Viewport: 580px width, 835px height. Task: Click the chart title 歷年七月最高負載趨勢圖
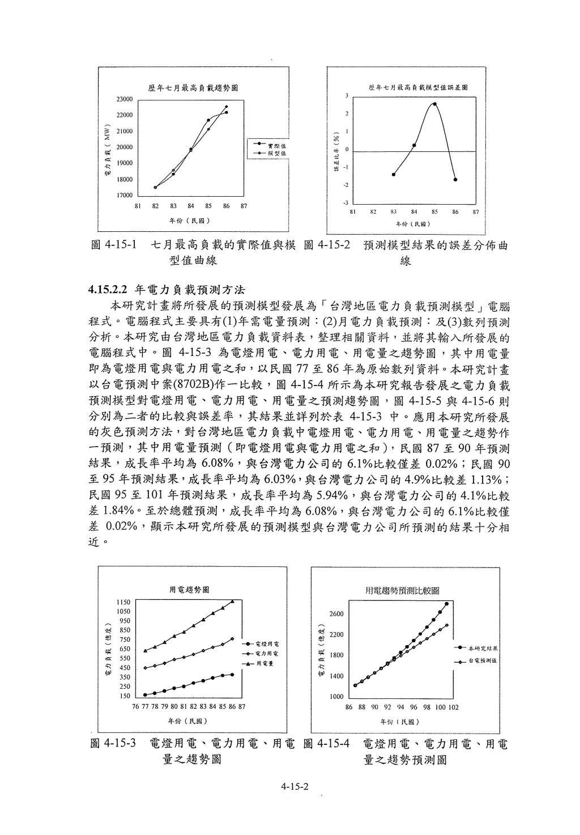click(193, 88)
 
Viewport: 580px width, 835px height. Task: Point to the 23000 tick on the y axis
click(125, 99)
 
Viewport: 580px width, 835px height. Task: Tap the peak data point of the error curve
click(434, 104)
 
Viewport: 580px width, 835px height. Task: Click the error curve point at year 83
click(393, 175)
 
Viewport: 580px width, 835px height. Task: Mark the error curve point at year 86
click(455, 180)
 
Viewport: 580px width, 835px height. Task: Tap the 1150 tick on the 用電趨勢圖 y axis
click(123, 602)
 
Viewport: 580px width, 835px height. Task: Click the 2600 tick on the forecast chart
click(336, 614)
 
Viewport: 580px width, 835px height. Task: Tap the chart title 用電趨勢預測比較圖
click(403, 591)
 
